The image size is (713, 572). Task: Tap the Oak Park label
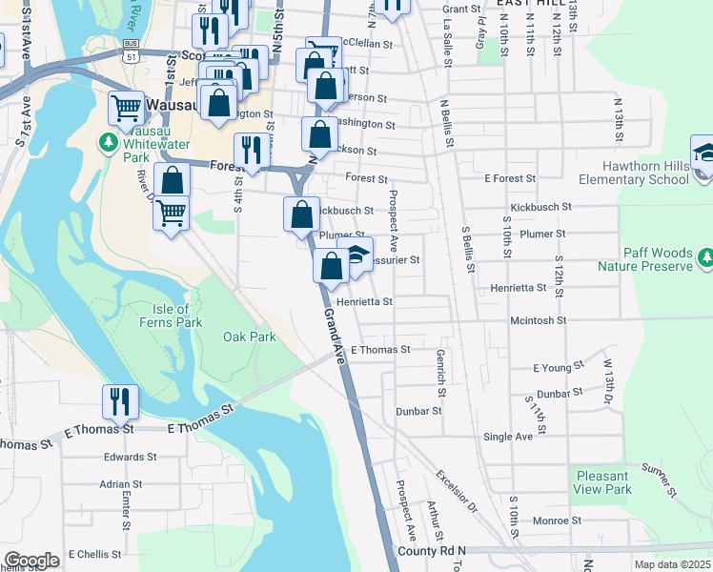249,337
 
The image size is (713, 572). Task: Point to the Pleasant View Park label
603,482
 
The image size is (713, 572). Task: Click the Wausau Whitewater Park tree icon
109,143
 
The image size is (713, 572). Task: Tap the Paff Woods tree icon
705,256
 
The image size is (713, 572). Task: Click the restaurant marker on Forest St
251,150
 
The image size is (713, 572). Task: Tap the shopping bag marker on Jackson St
319,134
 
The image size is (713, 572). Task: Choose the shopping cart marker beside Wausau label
126,109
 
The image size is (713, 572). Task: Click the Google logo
31,561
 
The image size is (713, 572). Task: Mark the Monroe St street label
556,521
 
